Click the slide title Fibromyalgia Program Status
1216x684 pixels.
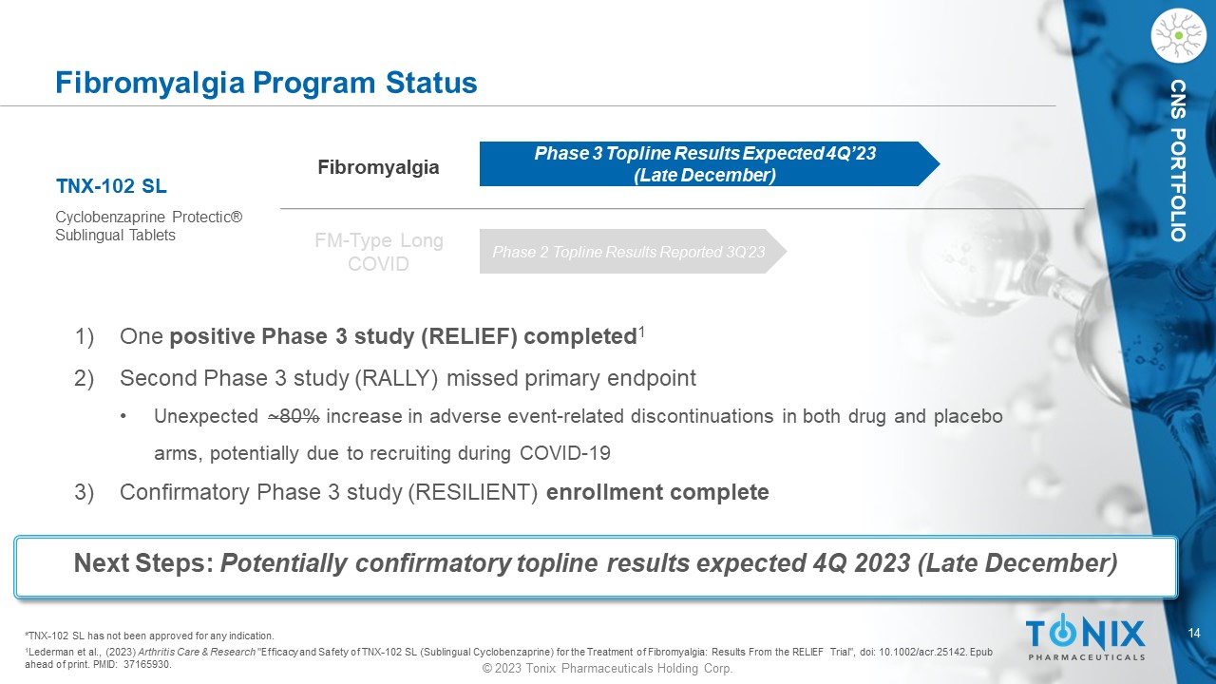coord(266,83)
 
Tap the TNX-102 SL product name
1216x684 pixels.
coord(111,186)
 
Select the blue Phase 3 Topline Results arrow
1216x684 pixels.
coord(709,164)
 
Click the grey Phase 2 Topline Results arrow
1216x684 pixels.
coord(633,252)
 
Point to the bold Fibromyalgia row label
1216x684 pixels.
coord(378,167)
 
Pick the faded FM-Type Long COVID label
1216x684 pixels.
coord(379,252)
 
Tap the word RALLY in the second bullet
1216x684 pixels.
coord(396,378)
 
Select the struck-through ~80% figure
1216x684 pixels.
coord(294,416)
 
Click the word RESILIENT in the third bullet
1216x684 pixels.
coord(472,492)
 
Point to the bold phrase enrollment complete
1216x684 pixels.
coord(657,492)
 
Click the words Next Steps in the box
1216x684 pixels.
coord(143,563)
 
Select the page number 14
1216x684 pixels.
coord(1194,634)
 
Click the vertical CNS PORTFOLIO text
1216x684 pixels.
coord(1179,161)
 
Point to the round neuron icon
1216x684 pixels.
coord(1178,36)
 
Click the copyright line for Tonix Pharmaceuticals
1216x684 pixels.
coord(607,668)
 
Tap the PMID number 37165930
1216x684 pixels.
coord(147,664)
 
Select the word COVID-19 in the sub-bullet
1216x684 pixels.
coord(565,453)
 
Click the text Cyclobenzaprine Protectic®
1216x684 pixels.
coord(149,218)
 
